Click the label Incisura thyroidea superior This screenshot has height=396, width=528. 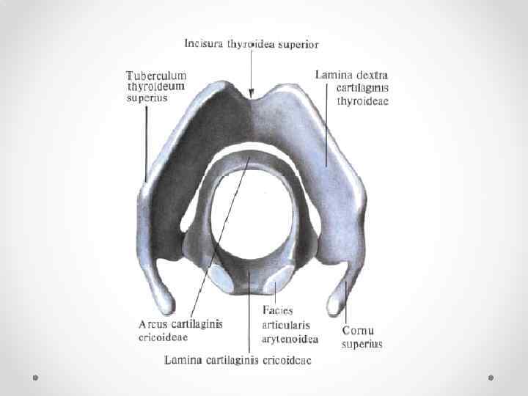(251, 44)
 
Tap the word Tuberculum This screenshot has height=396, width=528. (156, 75)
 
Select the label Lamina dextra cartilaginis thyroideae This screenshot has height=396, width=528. (352, 87)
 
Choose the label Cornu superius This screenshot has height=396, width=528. (362, 337)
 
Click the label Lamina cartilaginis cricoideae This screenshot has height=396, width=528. (238, 360)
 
